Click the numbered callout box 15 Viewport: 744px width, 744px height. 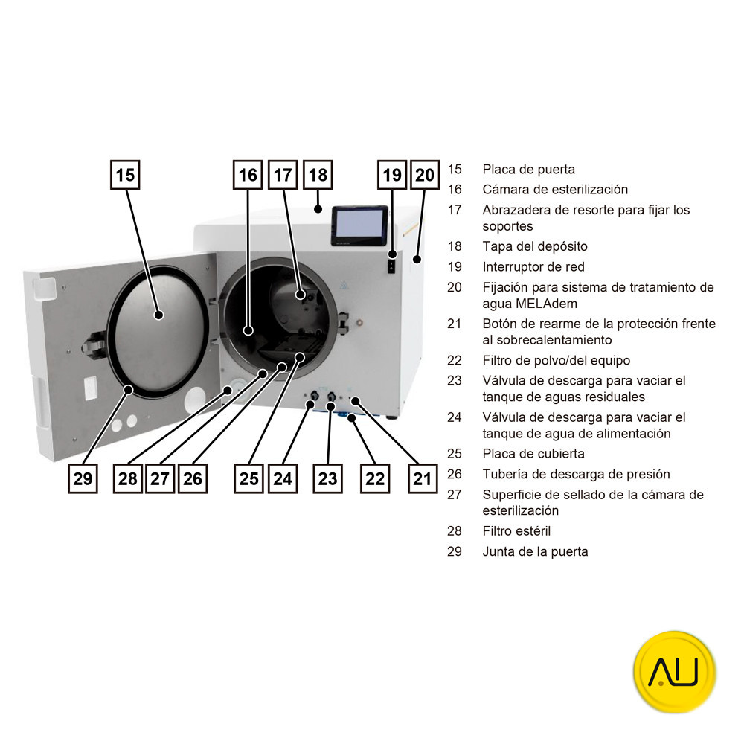click(x=126, y=176)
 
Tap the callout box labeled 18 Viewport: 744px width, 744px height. click(x=318, y=176)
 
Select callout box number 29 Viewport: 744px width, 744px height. click(x=83, y=479)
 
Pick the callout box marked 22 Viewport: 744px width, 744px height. click(x=375, y=479)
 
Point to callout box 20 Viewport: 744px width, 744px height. click(x=424, y=176)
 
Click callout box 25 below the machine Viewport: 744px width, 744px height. click(x=249, y=479)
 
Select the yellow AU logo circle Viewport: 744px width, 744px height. click(x=673, y=672)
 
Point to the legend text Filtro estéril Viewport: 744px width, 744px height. click(x=516, y=531)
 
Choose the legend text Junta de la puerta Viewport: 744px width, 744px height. click(x=535, y=552)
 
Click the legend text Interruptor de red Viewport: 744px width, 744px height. click(x=533, y=267)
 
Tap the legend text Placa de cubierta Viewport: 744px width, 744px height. click(x=533, y=454)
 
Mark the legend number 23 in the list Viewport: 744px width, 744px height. click(x=455, y=381)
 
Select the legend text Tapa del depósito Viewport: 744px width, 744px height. click(x=535, y=246)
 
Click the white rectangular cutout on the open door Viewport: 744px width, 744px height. click(x=91, y=388)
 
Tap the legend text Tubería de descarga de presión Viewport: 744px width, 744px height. click(x=576, y=475)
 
